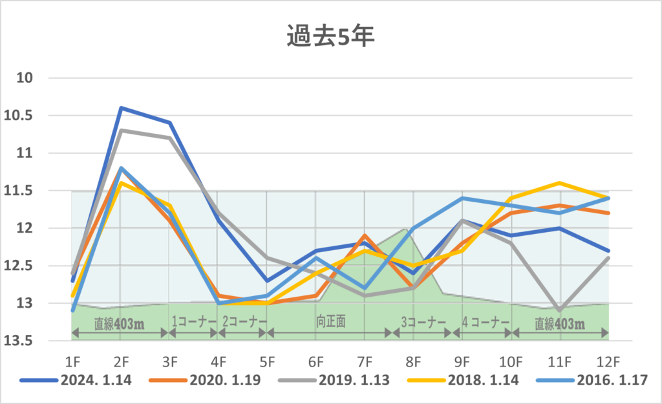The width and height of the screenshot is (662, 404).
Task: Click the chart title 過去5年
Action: point(330,36)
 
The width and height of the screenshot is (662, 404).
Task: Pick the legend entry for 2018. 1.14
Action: point(483,380)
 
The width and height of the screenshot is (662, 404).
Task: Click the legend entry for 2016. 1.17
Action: point(611,380)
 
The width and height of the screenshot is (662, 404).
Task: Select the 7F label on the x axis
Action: point(365,357)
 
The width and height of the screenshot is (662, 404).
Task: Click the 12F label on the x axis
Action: point(608,357)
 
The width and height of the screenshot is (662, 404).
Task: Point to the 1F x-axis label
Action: point(72,357)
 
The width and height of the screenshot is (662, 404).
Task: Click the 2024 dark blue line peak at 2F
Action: point(120,108)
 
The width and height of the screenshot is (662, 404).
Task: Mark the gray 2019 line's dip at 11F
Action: point(559,310)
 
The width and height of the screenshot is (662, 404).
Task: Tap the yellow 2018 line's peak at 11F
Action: point(559,183)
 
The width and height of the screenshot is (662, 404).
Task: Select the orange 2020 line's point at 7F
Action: point(365,235)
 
